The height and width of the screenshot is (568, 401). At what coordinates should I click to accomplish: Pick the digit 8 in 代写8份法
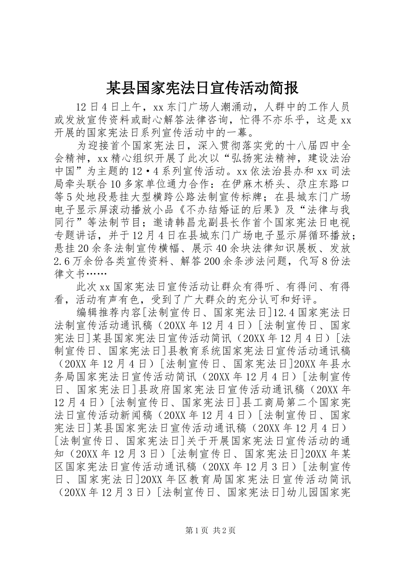pyautogui.click(x=325, y=261)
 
